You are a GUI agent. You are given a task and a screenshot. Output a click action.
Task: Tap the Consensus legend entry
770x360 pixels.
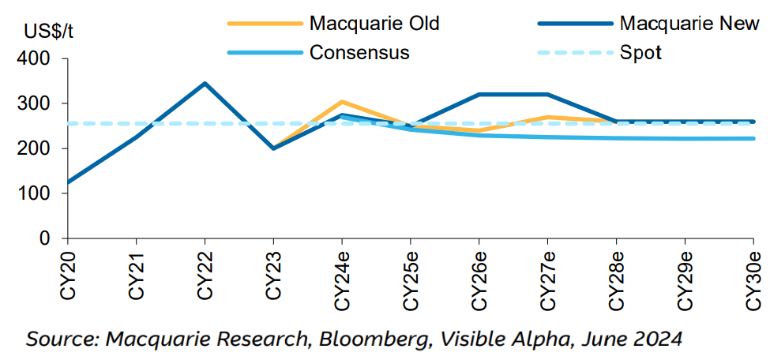click(359, 53)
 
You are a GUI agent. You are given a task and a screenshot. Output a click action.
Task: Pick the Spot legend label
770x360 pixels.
click(640, 53)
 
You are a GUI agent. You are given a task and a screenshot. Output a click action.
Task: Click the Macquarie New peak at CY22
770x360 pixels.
click(205, 83)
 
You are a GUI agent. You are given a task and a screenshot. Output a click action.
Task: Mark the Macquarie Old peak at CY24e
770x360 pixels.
click(342, 102)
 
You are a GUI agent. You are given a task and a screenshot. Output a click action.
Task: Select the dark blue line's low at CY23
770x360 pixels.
click(273, 148)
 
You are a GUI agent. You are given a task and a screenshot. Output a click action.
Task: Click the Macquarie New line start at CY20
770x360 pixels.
click(69, 182)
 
